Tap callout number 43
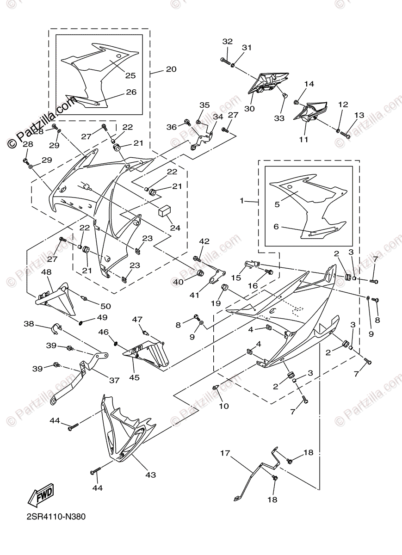coord(150,475)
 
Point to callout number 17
coord(225,454)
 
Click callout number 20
coord(171,69)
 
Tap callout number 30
coord(250,109)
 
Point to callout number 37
coord(114,380)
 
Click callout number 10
coord(223,406)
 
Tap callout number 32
coord(227,41)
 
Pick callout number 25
coord(130,75)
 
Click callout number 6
coord(276,227)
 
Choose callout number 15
coord(236,278)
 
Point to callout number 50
coord(106,306)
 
